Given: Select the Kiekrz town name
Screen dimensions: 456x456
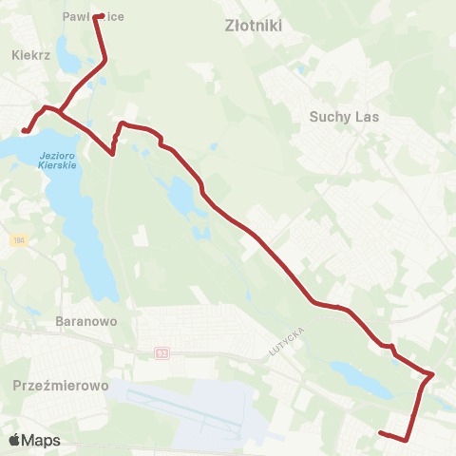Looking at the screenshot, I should [29, 56].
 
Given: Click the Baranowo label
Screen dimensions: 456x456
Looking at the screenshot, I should [86, 321].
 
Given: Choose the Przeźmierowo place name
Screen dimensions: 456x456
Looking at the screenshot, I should [62, 387].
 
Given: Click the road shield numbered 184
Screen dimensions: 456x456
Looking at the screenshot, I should [19, 241].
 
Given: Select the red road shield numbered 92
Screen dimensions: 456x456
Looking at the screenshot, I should [162, 353].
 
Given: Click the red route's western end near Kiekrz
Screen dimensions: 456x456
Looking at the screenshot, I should [23, 131].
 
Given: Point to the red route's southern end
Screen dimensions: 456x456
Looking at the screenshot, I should [381, 433].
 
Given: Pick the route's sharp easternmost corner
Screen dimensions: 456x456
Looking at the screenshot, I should [433, 374].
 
